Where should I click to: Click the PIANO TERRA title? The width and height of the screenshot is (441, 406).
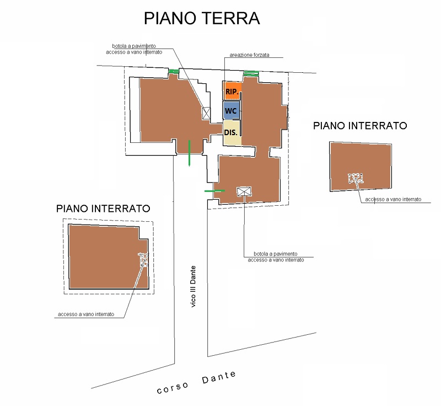[x=202, y=19]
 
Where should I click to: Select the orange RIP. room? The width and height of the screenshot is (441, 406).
[x=232, y=91]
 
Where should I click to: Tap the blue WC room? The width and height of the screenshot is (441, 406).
[x=232, y=110]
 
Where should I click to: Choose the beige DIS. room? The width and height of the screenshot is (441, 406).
[x=232, y=132]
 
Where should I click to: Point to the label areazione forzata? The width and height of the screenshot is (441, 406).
[x=249, y=55]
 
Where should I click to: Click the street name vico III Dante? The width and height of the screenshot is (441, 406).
[x=193, y=286]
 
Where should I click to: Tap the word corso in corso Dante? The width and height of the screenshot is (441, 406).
[x=173, y=388]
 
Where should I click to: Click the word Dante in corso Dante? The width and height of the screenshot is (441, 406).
[x=219, y=377]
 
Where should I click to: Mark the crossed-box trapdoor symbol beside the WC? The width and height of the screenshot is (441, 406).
[x=206, y=113]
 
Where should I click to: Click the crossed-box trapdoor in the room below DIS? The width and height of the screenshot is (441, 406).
[x=244, y=192]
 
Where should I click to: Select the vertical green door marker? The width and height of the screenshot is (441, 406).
[x=189, y=153]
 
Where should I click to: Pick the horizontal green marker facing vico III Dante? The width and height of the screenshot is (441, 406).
[x=214, y=191]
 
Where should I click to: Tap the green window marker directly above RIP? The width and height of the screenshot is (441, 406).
[x=251, y=73]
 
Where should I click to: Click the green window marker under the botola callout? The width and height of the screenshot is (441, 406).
[x=174, y=72]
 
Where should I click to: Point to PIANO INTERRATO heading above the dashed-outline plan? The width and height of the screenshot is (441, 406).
[x=103, y=209]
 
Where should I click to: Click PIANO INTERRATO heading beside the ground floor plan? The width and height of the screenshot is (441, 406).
[x=360, y=126]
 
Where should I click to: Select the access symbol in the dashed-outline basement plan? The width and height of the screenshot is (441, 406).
[x=144, y=259]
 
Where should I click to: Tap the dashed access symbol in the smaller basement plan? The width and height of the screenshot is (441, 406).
[x=356, y=178]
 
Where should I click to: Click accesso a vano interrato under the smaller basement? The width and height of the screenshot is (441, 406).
[x=393, y=199]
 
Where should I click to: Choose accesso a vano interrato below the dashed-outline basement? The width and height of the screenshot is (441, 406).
[x=86, y=314]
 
